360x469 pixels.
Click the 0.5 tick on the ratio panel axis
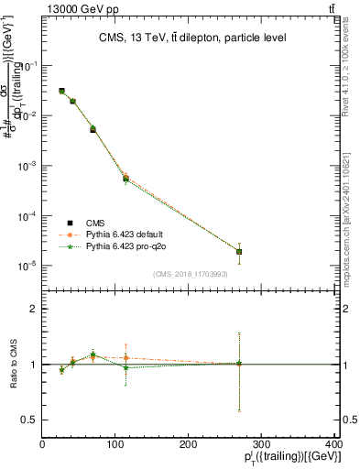point(32,420)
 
